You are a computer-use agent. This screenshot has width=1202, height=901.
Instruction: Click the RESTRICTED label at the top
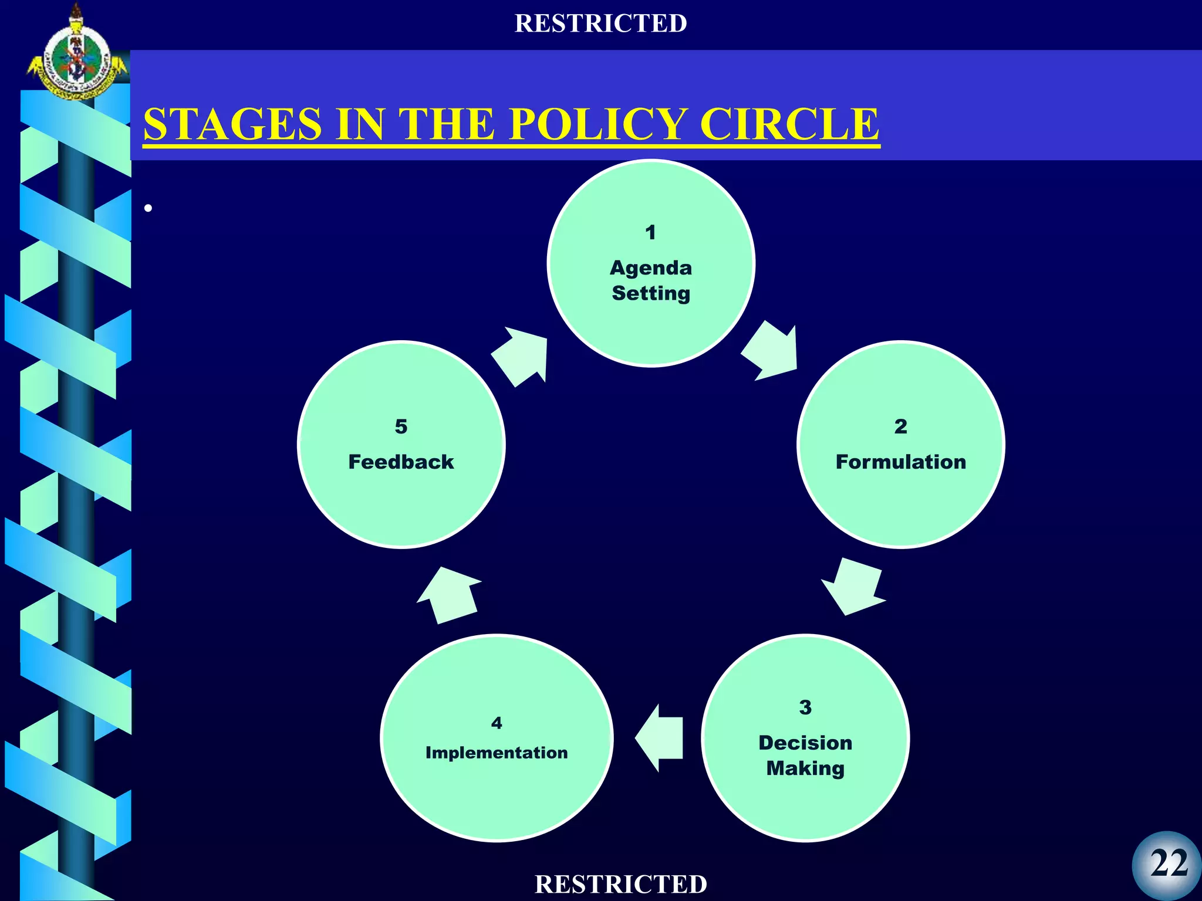coord(600,23)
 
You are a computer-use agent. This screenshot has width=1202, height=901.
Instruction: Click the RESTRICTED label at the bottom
coord(621,884)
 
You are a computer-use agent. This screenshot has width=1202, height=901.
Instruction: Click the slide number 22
coord(1169,863)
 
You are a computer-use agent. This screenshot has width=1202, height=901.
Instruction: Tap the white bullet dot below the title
coord(148,208)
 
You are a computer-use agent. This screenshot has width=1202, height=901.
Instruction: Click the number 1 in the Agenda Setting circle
coord(650,232)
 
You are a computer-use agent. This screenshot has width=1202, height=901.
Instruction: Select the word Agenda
coord(651,268)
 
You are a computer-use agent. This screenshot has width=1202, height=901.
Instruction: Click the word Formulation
coord(900,462)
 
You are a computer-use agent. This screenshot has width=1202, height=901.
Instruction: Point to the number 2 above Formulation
coord(900,426)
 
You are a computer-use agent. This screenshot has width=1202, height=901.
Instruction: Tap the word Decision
coord(805,743)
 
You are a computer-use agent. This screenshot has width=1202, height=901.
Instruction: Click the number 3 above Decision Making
coord(805,707)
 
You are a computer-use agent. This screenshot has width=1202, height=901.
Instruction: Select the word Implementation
coord(497,753)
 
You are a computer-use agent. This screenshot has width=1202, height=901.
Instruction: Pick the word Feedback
coord(401,462)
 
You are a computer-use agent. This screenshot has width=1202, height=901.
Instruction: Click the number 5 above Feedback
coord(401,426)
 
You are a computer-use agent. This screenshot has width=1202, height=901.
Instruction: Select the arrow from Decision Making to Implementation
coord(661,738)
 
